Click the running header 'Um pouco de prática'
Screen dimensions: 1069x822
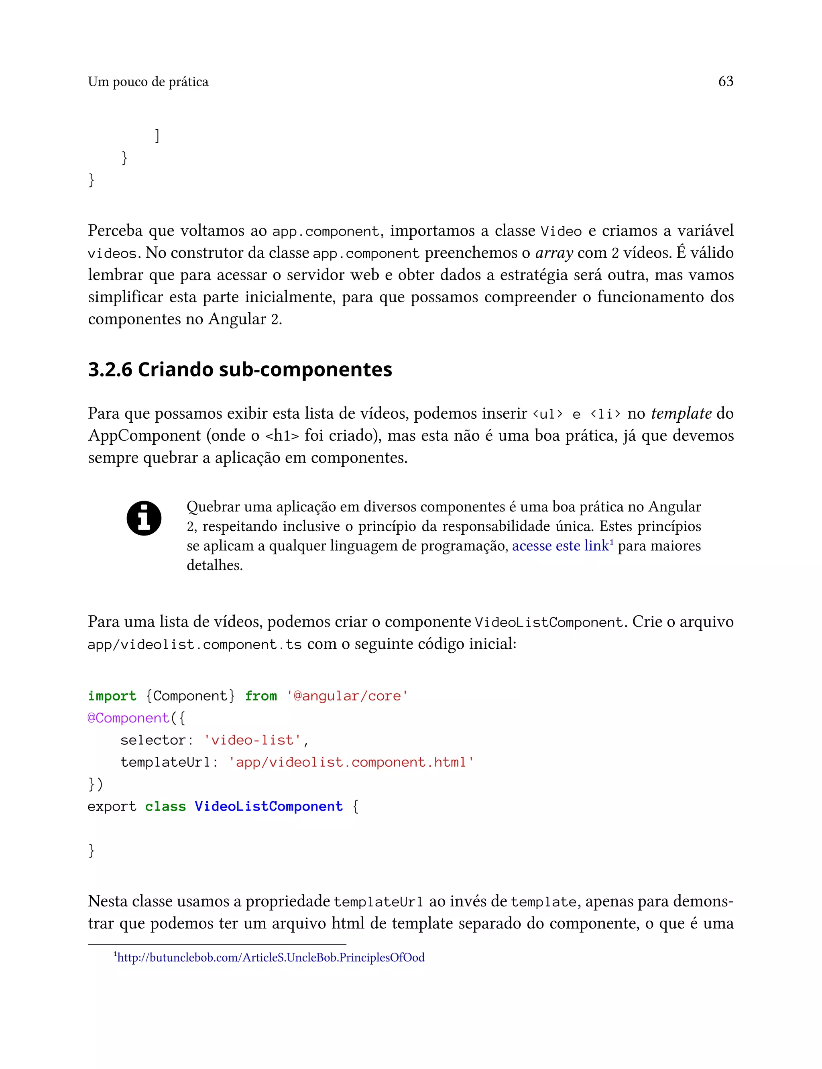148,82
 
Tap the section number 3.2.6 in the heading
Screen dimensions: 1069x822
110,369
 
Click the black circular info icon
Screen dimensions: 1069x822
144,518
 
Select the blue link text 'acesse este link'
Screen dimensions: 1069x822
560,546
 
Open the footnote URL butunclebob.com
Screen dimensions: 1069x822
271,957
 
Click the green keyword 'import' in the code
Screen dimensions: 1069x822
112,696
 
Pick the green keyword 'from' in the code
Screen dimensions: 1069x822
261,696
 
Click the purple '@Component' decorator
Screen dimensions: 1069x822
128,718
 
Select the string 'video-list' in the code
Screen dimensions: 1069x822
252,740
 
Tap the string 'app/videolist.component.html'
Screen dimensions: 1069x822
351,762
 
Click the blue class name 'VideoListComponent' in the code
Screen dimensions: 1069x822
269,806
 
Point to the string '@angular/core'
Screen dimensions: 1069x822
347,696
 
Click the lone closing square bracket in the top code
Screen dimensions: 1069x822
157,136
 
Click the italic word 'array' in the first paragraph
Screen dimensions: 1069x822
553,253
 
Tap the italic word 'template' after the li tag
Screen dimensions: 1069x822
681,413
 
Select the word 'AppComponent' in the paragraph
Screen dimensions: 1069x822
144,436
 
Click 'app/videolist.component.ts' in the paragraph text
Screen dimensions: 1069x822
194,644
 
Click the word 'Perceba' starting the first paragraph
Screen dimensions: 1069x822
115,230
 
